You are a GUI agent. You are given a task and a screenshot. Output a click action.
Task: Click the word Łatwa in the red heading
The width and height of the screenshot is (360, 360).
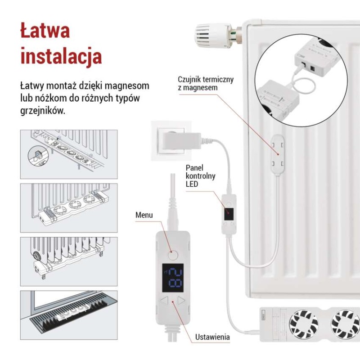click(45, 30)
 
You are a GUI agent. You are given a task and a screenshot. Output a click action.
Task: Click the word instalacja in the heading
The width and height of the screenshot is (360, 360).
click(61, 56)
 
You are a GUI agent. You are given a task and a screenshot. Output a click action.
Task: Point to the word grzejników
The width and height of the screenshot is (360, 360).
click(43, 111)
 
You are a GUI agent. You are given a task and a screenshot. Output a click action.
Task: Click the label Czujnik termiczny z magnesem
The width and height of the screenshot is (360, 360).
click(206, 84)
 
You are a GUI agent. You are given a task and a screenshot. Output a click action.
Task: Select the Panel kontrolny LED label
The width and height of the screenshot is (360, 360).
click(200, 176)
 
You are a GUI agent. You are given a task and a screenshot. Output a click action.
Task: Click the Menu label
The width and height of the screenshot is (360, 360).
click(144, 215)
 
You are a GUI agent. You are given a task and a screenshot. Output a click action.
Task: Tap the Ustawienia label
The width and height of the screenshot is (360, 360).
click(212, 337)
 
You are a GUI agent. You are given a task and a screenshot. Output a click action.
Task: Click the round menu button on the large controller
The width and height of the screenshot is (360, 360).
click(173, 255)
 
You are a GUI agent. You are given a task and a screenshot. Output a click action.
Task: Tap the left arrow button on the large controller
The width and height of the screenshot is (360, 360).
click(164, 301)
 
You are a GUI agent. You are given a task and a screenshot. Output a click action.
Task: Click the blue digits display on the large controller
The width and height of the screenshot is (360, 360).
click(173, 278)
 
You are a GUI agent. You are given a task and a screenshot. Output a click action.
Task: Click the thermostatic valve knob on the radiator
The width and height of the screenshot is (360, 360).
click(212, 36)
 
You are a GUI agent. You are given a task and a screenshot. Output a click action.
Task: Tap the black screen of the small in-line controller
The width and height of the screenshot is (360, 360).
click(229, 214)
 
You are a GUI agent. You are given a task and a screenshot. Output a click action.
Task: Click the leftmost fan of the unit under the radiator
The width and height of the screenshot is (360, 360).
click(304, 324)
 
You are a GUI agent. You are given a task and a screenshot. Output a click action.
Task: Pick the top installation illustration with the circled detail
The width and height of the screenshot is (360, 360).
click(69, 154)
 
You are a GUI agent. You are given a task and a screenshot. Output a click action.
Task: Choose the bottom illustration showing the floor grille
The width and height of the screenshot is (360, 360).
click(69, 315)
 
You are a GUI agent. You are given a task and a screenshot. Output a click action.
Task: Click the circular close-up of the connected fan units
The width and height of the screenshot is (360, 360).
click(301, 80)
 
